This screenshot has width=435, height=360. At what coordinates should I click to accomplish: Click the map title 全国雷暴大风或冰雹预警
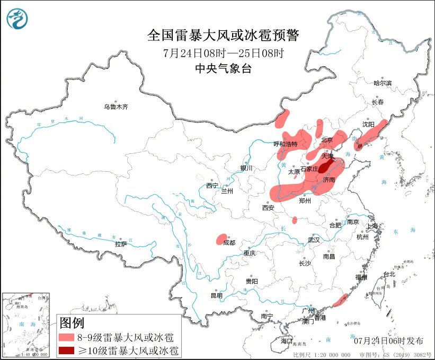[223, 36]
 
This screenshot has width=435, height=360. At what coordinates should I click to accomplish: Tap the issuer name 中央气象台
[223, 68]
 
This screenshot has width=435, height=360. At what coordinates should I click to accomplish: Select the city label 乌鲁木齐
[116, 107]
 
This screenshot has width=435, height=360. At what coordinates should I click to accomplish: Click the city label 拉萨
[121, 244]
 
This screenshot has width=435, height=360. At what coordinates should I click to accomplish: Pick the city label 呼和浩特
[286, 144]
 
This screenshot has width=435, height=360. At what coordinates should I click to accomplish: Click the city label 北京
[326, 140]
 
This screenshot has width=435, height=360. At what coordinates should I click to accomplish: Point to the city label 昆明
[217, 295]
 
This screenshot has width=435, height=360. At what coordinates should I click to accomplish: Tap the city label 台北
[389, 274]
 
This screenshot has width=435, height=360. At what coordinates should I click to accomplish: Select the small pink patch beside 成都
[222, 239]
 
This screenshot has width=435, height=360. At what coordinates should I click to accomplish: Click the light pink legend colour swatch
[66, 337]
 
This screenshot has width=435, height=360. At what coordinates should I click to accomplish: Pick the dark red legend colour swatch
[66, 350]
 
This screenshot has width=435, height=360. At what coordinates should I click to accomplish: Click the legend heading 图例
[72, 322]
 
